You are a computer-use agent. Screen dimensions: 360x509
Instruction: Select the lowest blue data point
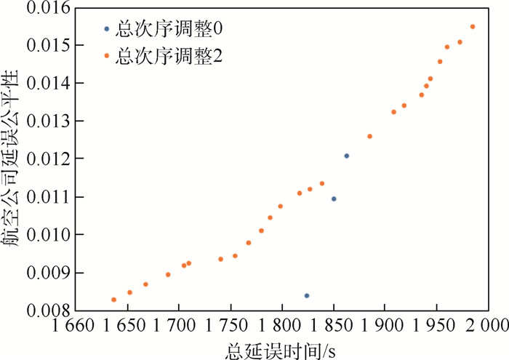click(307, 295)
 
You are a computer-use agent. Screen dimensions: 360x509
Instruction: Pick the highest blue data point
click(347, 156)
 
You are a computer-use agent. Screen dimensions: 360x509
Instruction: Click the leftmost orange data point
click(114, 300)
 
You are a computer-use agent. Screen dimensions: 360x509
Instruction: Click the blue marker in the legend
click(107, 29)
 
